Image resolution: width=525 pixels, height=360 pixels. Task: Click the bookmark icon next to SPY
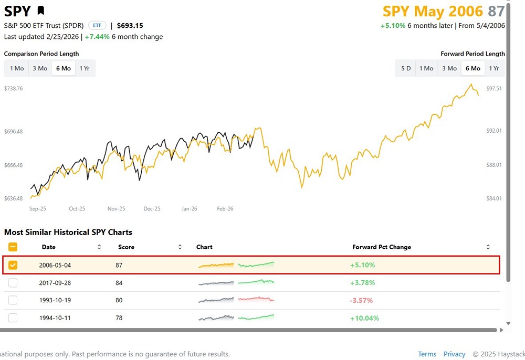click(x=41, y=10)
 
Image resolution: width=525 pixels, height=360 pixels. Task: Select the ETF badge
click(x=97, y=25)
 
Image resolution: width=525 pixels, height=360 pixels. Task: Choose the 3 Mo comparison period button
click(x=39, y=68)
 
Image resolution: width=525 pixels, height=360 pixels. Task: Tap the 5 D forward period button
click(x=406, y=68)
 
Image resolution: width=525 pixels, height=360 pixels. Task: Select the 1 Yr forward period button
click(x=493, y=68)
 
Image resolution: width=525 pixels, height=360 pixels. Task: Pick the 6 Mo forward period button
click(x=472, y=68)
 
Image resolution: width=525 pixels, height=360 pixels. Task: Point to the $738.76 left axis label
click(x=14, y=89)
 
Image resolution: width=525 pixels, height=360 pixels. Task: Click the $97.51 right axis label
click(x=494, y=89)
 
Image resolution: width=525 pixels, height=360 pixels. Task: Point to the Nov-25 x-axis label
click(x=116, y=208)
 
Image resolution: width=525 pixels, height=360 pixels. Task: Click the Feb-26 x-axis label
click(x=225, y=208)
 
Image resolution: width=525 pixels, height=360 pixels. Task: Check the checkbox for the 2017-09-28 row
click(x=13, y=283)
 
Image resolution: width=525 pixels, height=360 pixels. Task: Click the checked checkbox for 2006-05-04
click(x=13, y=265)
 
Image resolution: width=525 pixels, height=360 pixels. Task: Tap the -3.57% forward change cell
click(x=362, y=300)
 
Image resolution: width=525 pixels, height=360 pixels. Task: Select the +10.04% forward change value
click(x=364, y=318)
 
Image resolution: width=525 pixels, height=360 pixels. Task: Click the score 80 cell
click(x=119, y=300)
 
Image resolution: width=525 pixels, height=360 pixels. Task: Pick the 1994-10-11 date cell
click(x=55, y=318)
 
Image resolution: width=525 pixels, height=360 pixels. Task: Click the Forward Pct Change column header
click(x=382, y=247)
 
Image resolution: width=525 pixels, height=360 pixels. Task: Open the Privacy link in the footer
click(x=454, y=354)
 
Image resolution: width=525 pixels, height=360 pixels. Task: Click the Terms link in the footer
click(x=427, y=354)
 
